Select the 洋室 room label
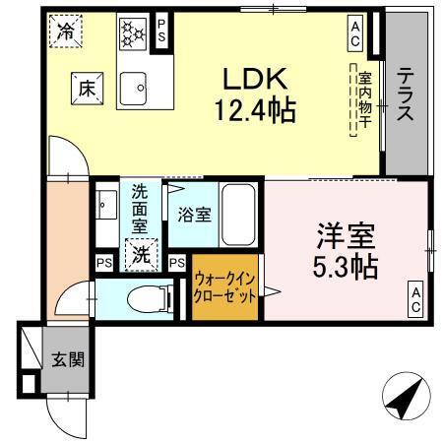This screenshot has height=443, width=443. click(344, 236)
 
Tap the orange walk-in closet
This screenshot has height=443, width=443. click(225, 286)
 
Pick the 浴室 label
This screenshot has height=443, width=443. click(194, 214)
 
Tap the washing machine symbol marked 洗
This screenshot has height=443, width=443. click(142, 254)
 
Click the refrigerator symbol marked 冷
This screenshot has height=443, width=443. click(64, 32)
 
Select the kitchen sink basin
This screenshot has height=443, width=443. click(134, 89)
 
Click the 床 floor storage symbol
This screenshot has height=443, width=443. click(86, 89)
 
